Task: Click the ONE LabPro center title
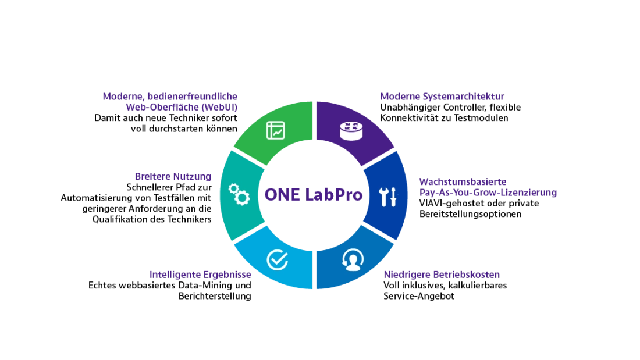pos(314,195)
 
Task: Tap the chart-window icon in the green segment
pos(276,130)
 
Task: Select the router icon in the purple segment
pos(351,131)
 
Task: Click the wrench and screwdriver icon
pos(387,197)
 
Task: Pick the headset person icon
pos(353,260)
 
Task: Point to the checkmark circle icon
pos(278,259)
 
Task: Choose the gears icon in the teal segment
pos(239,194)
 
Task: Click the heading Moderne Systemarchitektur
pos(442,97)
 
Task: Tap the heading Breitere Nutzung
pos(173,176)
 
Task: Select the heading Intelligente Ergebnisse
pos(200,275)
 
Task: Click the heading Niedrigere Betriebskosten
pos(442,275)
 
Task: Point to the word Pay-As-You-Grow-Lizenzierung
pos(488,193)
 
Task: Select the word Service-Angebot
pos(419,296)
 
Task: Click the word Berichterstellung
pos(215,296)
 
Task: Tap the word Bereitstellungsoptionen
pos(471,214)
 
